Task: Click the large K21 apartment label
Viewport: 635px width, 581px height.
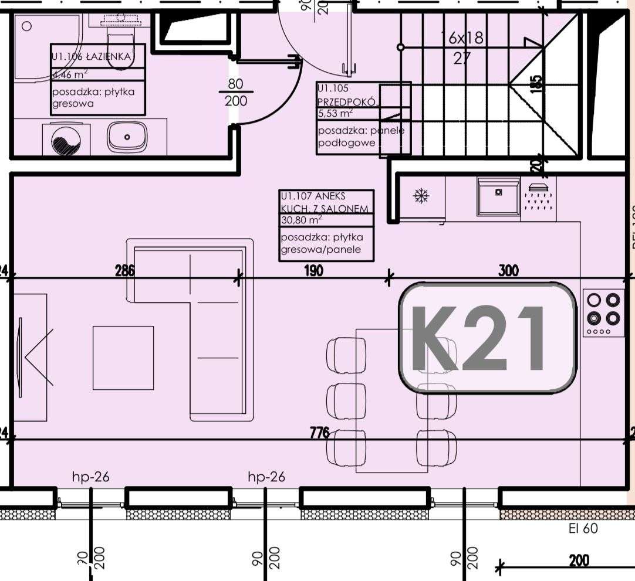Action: point(487,337)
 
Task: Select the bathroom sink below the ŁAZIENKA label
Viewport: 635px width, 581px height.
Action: point(127,137)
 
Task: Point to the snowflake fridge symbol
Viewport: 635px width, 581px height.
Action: point(421,196)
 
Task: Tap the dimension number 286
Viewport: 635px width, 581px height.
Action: point(125,270)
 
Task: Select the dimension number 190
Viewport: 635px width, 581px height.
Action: point(314,270)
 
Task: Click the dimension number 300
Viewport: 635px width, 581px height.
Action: point(508,270)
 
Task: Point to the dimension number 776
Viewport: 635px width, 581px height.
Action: point(320,433)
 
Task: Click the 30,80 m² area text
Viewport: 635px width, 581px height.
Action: point(302,220)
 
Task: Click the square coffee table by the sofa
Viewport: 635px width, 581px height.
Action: point(123,358)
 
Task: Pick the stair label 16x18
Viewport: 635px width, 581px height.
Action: point(463,39)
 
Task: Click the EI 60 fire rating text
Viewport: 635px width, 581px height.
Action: point(583,528)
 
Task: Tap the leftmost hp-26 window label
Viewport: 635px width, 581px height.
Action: point(90,477)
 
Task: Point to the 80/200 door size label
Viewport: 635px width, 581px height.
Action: point(236,93)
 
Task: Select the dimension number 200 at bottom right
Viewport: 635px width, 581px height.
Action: point(579,560)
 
